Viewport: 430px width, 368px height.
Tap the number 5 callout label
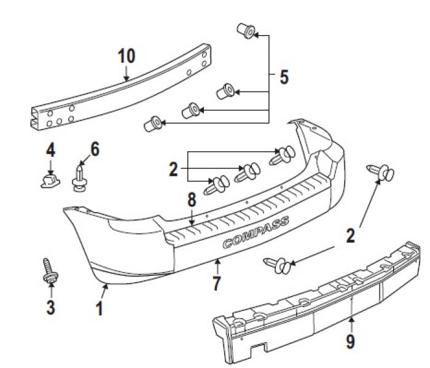pyautogui.click(x=283, y=77)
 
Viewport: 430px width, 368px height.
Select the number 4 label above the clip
pyautogui.click(x=50, y=149)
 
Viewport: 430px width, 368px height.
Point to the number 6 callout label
pyautogui.click(x=95, y=149)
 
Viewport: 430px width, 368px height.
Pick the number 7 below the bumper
pyautogui.click(x=216, y=284)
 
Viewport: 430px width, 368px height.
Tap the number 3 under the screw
pyautogui.click(x=50, y=307)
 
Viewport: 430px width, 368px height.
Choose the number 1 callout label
pyautogui.click(x=99, y=308)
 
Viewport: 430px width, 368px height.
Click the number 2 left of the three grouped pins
pyautogui.click(x=174, y=169)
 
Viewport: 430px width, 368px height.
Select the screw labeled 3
pyautogui.click(x=48, y=270)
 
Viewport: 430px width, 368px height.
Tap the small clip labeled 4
pyautogui.click(x=48, y=180)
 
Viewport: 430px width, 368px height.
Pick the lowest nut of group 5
pyautogui.click(x=152, y=124)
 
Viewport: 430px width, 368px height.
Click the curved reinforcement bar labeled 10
pyautogui.click(x=123, y=92)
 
